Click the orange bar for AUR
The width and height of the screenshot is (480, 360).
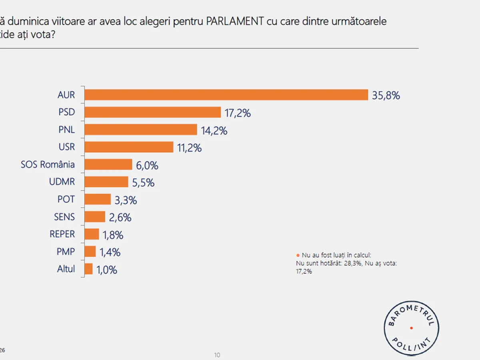[x=226, y=95]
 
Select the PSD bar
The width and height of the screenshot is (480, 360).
[x=153, y=112]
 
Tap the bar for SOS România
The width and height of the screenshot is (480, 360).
[x=108, y=164]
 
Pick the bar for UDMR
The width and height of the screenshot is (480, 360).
[x=106, y=182]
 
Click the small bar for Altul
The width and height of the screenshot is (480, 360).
[x=89, y=269]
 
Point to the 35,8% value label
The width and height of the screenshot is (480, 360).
[x=386, y=96]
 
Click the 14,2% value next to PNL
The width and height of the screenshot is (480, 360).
[x=214, y=130]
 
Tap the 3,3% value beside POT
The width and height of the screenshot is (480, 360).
[x=126, y=200]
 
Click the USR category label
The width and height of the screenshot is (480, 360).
[x=67, y=147]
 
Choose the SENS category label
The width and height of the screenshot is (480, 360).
[x=64, y=217]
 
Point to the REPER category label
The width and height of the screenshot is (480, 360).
[x=62, y=234]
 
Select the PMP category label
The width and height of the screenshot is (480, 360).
[x=66, y=252]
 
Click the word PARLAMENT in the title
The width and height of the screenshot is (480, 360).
[x=235, y=22]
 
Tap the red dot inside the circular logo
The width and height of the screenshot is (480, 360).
[x=411, y=328]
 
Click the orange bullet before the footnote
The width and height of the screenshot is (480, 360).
[x=298, y=255]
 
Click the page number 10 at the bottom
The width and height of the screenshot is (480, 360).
[x=217, y=355]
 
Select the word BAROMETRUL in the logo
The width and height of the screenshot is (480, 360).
[x=412, y=311]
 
